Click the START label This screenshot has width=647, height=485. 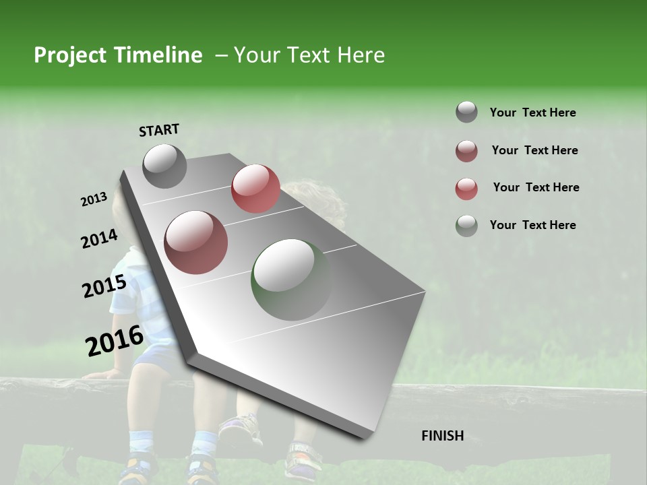coord(159,130)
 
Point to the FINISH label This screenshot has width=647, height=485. coord(442,436)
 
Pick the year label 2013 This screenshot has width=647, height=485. coord(94,199)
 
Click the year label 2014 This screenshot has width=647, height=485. coord(99,239)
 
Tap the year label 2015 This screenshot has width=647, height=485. coord(104,287)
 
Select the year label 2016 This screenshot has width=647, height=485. coord(114,340)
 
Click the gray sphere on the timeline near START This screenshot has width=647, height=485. coord(164,166)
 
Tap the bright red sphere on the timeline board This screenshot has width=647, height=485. coord(255,189)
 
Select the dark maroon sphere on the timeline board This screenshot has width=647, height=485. coord(195,243)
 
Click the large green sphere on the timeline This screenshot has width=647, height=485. coord(292,280)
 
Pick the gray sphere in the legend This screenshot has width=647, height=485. coord(466,112)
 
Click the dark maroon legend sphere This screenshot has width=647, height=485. coord(466,151)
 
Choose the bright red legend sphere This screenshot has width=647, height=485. coord(466,189)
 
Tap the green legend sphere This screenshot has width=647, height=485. coord(466,226)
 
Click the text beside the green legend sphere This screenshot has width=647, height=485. coord(532,225)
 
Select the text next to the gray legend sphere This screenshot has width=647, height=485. coord(532,112)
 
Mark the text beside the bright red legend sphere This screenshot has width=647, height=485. coord(536,187)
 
